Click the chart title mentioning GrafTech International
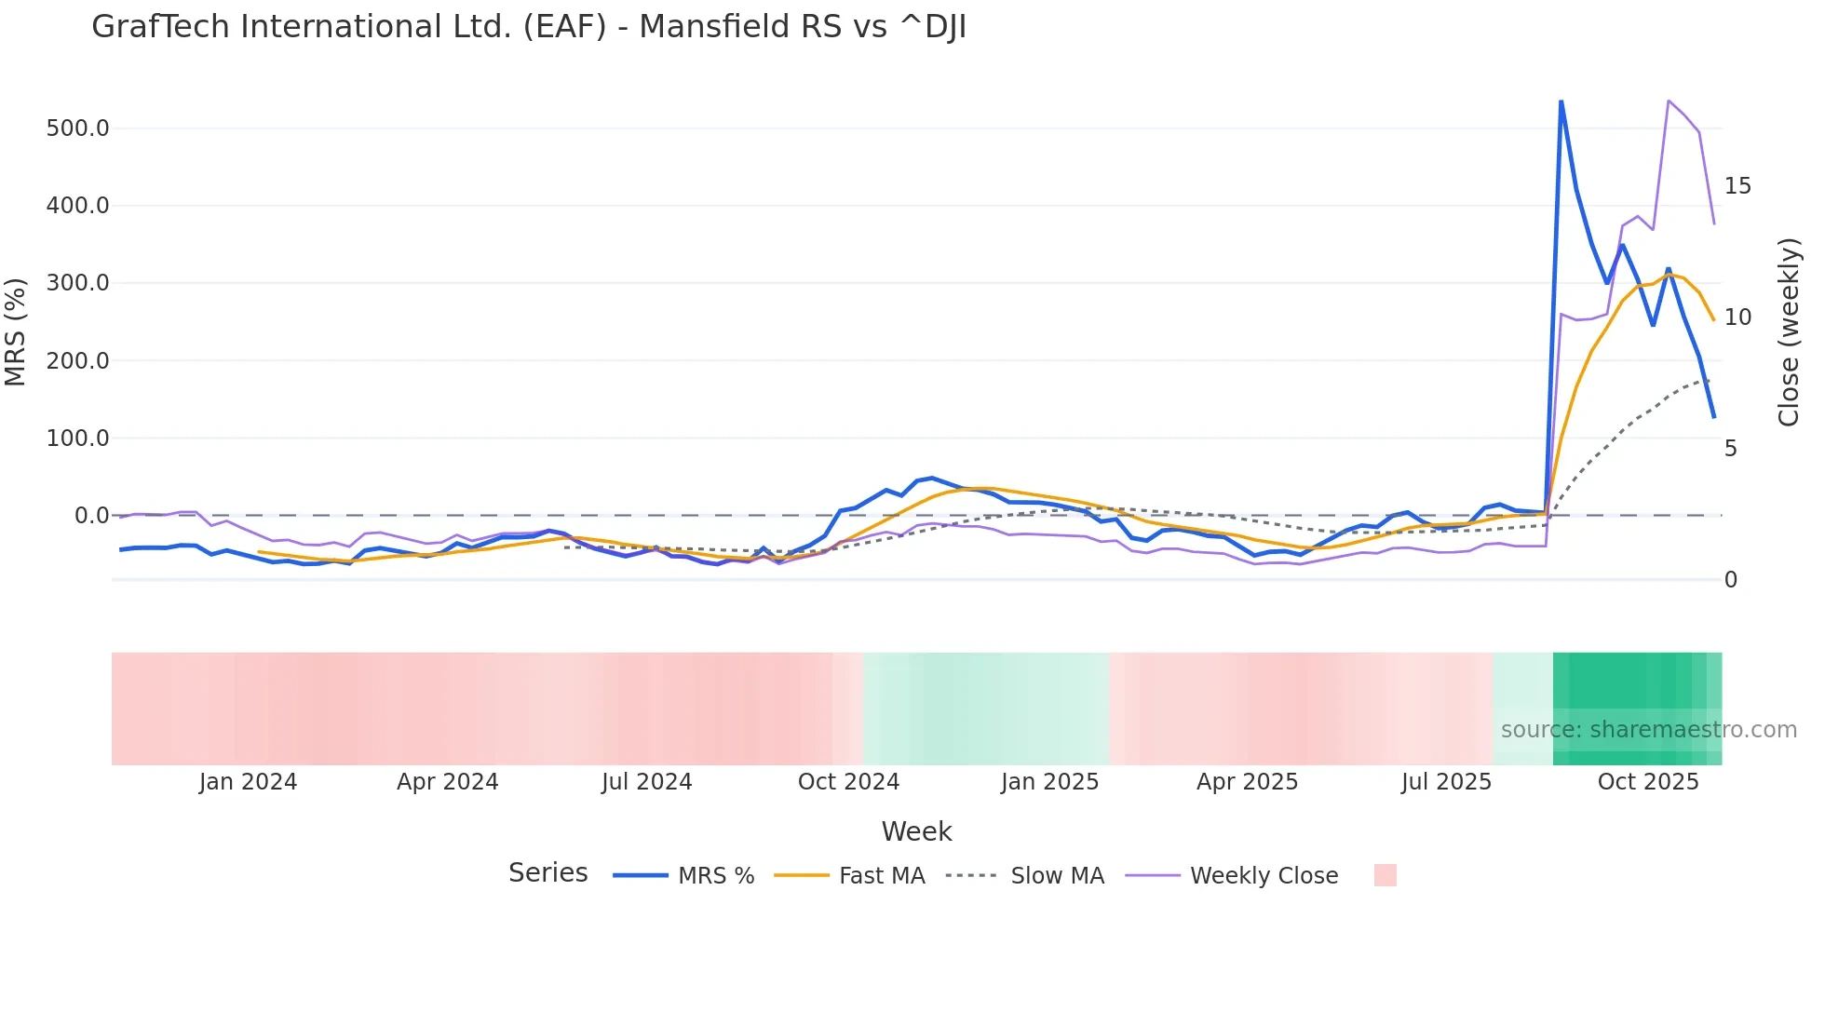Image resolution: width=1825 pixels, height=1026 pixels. [528, 27]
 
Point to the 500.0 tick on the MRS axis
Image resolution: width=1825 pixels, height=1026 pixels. [77, 128]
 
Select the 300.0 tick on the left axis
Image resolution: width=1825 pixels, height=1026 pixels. [77, 283]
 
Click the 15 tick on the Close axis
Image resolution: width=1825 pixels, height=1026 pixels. [1737, 186]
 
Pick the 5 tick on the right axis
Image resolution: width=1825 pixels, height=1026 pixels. [1731, 449]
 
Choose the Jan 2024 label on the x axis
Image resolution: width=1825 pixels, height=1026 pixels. [248, 782]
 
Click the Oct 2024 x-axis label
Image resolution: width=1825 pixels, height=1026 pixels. [848, 782]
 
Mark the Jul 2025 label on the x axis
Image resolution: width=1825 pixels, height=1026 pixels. [1446, 782]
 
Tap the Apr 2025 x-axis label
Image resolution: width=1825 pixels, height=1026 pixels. [1247, 782]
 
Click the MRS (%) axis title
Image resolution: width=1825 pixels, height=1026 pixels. [16, 331]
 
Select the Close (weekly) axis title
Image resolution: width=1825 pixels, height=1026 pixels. [1789, 332]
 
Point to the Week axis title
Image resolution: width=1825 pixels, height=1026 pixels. [916, 831]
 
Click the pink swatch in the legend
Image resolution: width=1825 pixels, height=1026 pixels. [1385, 875]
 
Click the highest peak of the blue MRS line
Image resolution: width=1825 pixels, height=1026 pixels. [1561, 101]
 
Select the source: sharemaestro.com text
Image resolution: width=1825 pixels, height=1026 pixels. [1648, 730]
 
